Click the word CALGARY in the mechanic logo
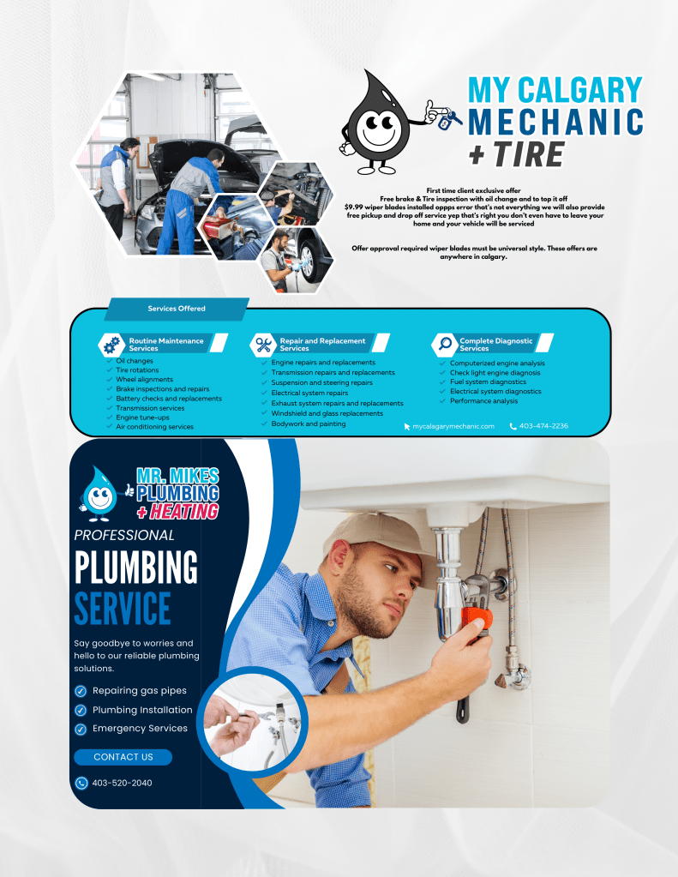click(579, 90)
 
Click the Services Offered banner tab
click(177, 309)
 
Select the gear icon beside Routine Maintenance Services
click(111, 345)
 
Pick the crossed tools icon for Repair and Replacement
click(263, 345)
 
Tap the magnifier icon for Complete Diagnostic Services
click(446, 344)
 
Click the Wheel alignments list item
click(144, 379)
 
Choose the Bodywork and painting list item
click(309, 424)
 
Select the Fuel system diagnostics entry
click(488, 382)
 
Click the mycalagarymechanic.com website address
click(453, 426)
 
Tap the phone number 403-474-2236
click(543, 426)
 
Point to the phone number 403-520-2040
click(122, 783)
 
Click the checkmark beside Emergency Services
click(81, 729)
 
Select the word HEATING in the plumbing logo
click(183, 511)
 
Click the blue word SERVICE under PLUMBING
click(123, 609)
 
